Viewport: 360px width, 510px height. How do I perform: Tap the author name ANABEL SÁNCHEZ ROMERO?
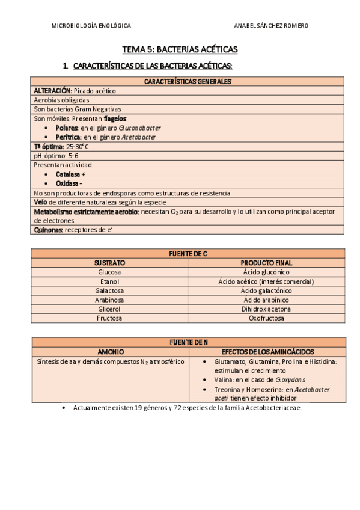(x=270, y=26)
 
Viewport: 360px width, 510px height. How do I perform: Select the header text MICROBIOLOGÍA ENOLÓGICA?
(x=91, y=26)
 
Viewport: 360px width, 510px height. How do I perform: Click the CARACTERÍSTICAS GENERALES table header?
(x=188, y=82)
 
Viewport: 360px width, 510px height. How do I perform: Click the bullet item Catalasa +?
(x=70, y=174)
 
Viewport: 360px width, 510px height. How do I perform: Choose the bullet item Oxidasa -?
(x=69, y=183)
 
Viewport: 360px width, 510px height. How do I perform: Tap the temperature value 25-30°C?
(x=78, y=146)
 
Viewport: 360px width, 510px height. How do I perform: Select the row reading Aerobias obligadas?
(x=62, y=100)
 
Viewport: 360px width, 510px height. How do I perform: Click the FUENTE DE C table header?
(x=188, y=254)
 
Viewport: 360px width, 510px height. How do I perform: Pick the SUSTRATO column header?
(x=109, y=263)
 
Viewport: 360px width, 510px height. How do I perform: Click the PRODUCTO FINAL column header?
(x=266, y=263)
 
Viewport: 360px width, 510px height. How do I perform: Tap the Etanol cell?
(x=109, y=281)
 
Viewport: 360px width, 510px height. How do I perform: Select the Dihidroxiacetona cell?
(x=266, y=309)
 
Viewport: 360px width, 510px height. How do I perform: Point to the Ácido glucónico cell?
(x=266, y=272)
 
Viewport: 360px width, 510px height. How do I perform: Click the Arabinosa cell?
(x=109, y=300)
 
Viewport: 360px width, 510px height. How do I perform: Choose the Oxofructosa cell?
(x=266, y=318)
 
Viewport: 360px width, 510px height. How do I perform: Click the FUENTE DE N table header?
(x=188, y=342)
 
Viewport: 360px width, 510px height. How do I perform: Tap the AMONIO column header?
(x=109, y=351)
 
